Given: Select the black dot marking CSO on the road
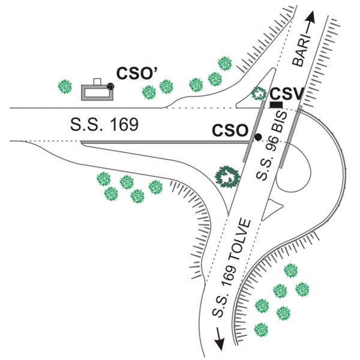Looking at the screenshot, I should point(258,137).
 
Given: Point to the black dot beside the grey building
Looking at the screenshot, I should point(110,87).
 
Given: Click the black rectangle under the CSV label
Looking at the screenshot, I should point(277,105).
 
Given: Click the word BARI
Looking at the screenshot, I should point(302,49).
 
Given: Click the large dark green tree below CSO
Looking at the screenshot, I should point(227,176).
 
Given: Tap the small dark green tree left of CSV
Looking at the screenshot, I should point(259,94).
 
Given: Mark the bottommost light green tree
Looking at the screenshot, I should point(261,329).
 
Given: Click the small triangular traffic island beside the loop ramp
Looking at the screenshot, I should point(276,208).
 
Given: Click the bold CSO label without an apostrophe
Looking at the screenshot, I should point(230,130).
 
